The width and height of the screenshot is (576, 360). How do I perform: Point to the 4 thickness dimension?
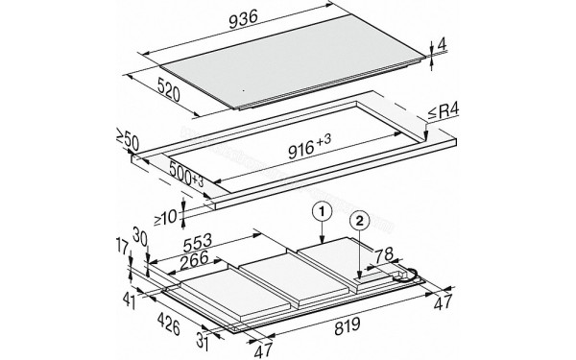click(441, 44)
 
